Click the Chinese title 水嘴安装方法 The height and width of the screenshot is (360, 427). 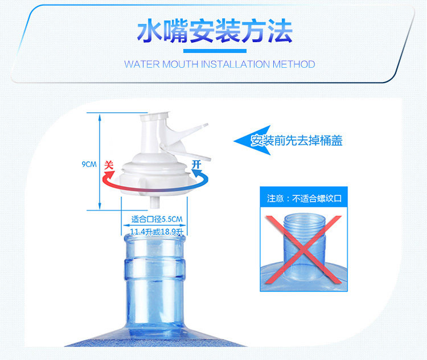(215, 31)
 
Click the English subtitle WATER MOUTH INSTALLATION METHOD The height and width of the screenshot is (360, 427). (220, 64)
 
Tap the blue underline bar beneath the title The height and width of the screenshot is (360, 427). (215, 51)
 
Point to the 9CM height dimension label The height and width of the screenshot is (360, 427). (89, 164)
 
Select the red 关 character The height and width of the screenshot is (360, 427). (109, 165)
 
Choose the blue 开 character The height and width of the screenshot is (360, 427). (196, 164)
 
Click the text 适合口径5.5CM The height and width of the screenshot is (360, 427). (157, 219)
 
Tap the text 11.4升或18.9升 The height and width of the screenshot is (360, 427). (157, 232)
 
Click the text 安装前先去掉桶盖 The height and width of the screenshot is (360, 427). (296, 141)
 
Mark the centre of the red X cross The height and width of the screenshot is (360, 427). (303, 249)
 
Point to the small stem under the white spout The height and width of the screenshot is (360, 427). (154, 202)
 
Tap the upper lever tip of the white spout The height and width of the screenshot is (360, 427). (204, 126)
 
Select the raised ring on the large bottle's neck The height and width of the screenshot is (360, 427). (155, 269)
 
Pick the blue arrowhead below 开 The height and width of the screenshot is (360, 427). (196, 173)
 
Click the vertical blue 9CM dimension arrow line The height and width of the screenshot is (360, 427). (100, 162)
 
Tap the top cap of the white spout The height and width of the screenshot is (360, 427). (155, 114)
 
